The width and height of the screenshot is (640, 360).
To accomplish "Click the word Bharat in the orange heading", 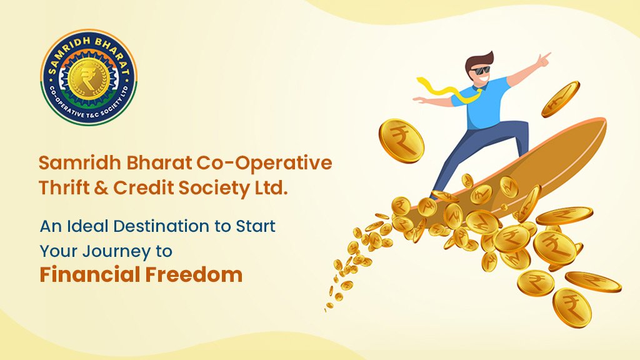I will point(142,163).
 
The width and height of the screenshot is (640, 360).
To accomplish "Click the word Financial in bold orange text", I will point(94,274).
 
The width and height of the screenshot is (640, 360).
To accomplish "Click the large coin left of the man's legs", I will point(401,141).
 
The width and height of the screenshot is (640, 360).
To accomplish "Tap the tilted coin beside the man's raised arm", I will point(560,99).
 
